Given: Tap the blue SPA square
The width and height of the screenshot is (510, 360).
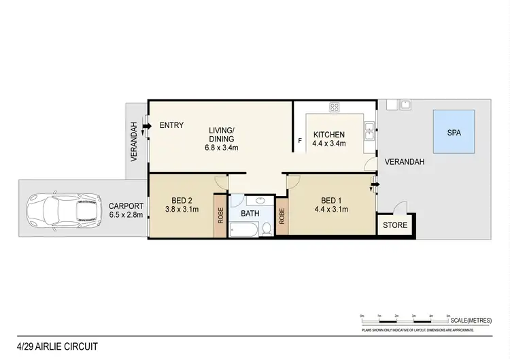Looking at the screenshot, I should point(454,133).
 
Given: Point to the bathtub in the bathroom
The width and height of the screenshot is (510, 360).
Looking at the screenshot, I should point(244,231).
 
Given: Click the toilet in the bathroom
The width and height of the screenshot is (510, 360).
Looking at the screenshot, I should point(267,229).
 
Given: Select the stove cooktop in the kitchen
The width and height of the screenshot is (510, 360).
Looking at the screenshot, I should point(335,107).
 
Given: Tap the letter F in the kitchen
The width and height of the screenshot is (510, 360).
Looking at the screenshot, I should point(300,142).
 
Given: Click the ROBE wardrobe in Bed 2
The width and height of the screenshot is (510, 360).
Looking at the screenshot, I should point(220,216).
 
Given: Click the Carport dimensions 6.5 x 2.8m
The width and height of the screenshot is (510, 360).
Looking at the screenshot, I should point(126,215).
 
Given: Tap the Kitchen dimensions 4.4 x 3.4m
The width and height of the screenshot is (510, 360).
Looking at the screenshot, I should point(329,144).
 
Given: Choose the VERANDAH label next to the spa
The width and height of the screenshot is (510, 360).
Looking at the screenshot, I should point(405,162).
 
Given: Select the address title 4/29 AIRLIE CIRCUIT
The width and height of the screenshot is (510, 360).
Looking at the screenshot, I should point(57,346).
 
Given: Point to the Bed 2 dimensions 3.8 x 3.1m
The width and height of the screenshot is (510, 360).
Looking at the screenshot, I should point(180,210).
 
